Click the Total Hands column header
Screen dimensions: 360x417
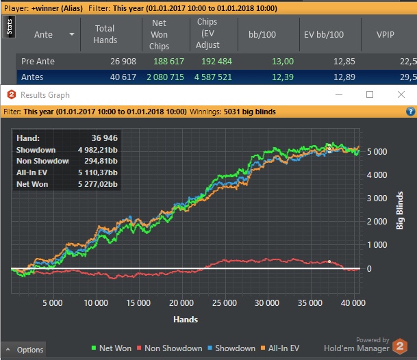[105, 34]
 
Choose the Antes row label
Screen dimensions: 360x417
[32, 77]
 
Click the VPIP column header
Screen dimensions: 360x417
[386, 34]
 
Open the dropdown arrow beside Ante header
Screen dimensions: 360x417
[71, 34]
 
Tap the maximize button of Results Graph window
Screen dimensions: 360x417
[370, 94]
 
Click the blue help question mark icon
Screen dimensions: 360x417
[410, 111]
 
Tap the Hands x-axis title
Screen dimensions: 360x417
[186, 320]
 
